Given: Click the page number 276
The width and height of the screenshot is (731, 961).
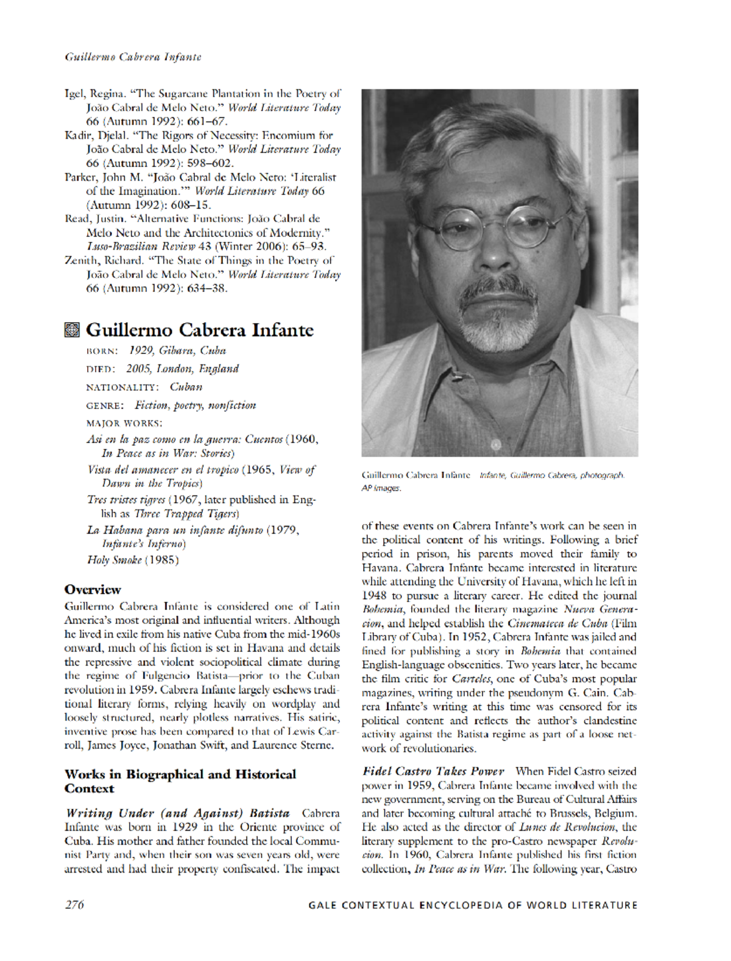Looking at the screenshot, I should (x=74, y=904).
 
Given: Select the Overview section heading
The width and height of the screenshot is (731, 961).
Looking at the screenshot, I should (x=93, y=589).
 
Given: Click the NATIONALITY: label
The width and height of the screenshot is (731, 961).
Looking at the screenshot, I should (x=122, y=388).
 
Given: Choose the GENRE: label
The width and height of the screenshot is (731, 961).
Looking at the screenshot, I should (x=105, y=406).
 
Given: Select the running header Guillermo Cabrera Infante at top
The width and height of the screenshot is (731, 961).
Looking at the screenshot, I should (x=133, y=57).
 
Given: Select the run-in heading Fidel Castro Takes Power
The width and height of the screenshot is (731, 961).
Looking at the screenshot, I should (x=433, y=771).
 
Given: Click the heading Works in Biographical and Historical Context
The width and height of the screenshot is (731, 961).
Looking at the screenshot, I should (x=180, y=781).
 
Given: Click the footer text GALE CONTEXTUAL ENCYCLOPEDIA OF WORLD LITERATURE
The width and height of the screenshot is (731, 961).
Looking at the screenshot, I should (x=473, y=905).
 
